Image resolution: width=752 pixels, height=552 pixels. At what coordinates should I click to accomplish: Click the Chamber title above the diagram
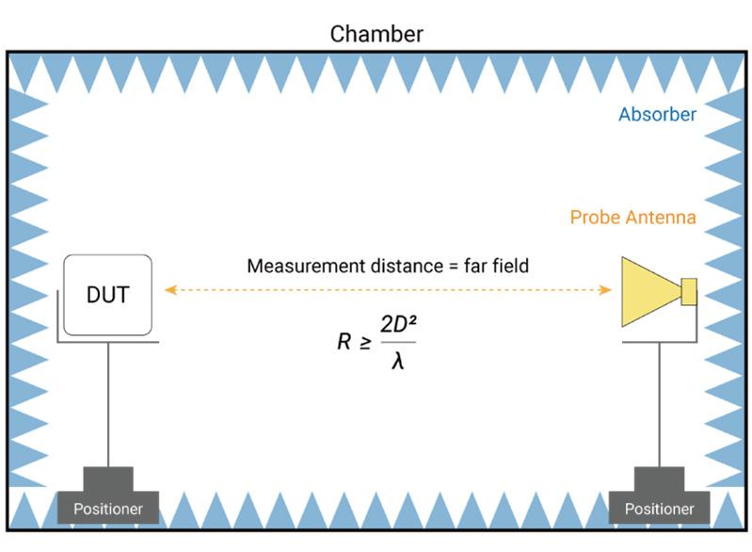(376, 34)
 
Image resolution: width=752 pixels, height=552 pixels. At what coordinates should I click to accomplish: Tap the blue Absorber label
(657, 115)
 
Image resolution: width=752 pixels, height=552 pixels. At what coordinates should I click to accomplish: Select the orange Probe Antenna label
(632, 218)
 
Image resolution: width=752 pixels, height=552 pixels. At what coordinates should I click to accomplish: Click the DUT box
(107, 295)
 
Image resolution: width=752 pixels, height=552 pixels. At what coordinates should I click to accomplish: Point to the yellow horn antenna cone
(649, 291)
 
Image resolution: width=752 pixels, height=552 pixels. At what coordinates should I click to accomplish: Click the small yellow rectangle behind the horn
(689, 292)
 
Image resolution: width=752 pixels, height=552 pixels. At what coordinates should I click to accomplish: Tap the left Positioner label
(107, 510)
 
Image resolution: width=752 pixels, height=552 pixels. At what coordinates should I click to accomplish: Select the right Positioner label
(658, 510)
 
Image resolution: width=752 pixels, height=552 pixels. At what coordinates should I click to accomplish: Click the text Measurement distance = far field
(388, 267)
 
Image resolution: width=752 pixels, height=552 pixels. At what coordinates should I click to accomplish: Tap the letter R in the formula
(344, 341)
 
